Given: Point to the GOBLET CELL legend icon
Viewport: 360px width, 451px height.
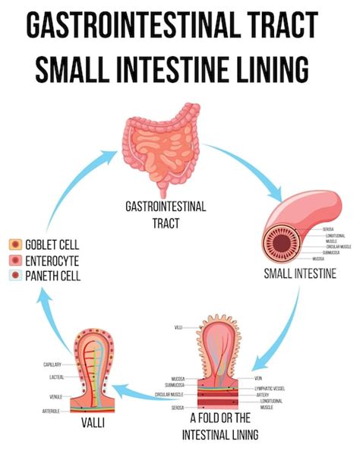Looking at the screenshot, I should tap(14, 245).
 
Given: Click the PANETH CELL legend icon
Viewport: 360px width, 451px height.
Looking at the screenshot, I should tap(14, 276).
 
